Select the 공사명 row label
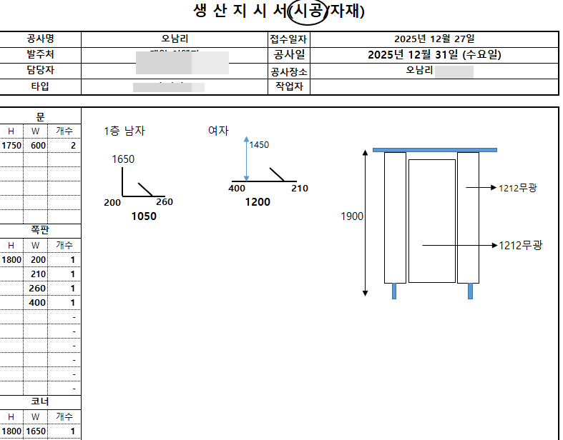click(40, 39)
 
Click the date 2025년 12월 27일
click(434, 39)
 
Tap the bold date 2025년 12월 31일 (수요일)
click(434, 55)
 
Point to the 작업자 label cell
click(289, 86)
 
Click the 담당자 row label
click(40, 71)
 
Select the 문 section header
click(40, 116)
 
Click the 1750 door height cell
click(11, 145)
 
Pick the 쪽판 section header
click(40, 231)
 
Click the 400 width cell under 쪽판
click(37, 303)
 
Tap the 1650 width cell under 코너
click(36, 431)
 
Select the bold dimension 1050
click(143, 216)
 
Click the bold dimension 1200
click(258, 202)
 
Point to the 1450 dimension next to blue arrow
click(259, 145)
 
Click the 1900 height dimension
click(351, 216)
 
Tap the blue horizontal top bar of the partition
click(434, 149)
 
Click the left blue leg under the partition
click(394, 291)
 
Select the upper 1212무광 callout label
click(518, 188)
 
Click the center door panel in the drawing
click(431, 220)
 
